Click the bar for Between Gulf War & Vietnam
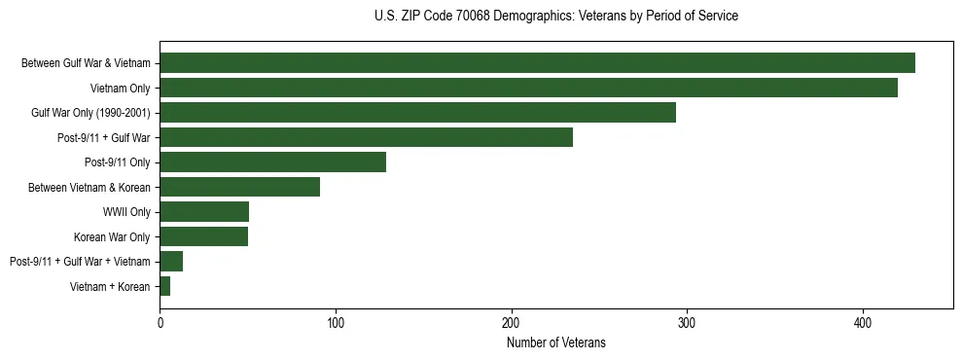537,63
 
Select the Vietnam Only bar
528,89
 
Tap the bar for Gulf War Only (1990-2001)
417,113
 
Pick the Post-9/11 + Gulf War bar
366,137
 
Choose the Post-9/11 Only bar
272,162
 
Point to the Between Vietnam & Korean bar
239,187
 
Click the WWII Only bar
204,212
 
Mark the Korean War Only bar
203,236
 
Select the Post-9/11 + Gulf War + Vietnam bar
171,261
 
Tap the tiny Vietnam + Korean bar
165,286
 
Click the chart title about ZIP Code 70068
555,17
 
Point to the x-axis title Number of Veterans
555,342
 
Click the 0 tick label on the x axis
160,322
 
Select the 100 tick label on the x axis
336,322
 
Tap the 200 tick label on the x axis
512,322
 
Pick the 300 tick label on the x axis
687,322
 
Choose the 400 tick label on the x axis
863,322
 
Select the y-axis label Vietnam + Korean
110,286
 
